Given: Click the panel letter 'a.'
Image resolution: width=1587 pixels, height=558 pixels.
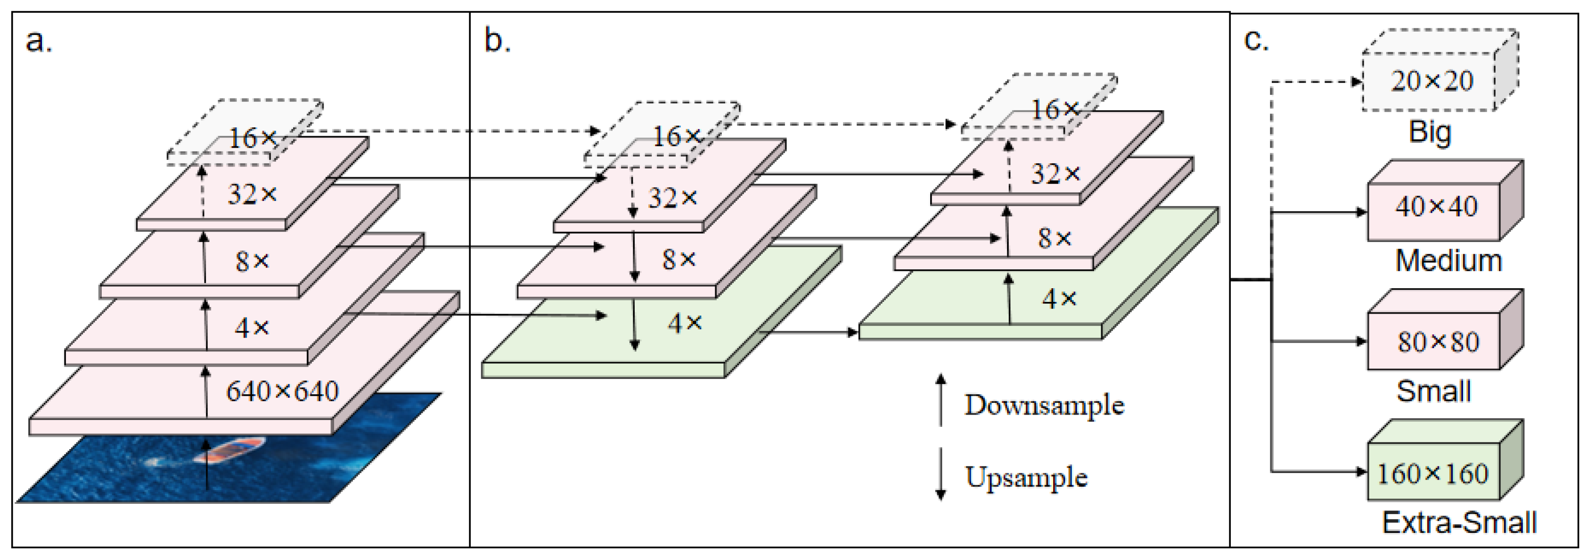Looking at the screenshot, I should click(39, 42).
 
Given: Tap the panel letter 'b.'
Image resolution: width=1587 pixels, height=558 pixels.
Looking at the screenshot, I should click(497, 41).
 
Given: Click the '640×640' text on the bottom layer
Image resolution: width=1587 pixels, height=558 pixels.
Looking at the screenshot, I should click(282, 391).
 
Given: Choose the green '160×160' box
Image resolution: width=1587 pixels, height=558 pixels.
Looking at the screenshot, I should click(1432, 474).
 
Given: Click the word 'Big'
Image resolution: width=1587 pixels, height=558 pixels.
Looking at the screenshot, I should click(1430, 132).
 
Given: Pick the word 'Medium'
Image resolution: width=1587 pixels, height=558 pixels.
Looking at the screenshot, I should click(1448, 260).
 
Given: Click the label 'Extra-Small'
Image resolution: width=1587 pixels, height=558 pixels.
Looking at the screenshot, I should click(1459, 522).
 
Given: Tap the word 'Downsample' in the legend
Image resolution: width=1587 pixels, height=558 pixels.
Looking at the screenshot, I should click(1044, 405).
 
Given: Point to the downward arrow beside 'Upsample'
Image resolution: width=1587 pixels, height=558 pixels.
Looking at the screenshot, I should click(940, 474).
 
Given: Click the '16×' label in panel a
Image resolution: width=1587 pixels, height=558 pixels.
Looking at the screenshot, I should click(253, 138).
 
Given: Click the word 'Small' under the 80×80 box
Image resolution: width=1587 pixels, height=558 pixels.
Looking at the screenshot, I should click(1433, 391).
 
